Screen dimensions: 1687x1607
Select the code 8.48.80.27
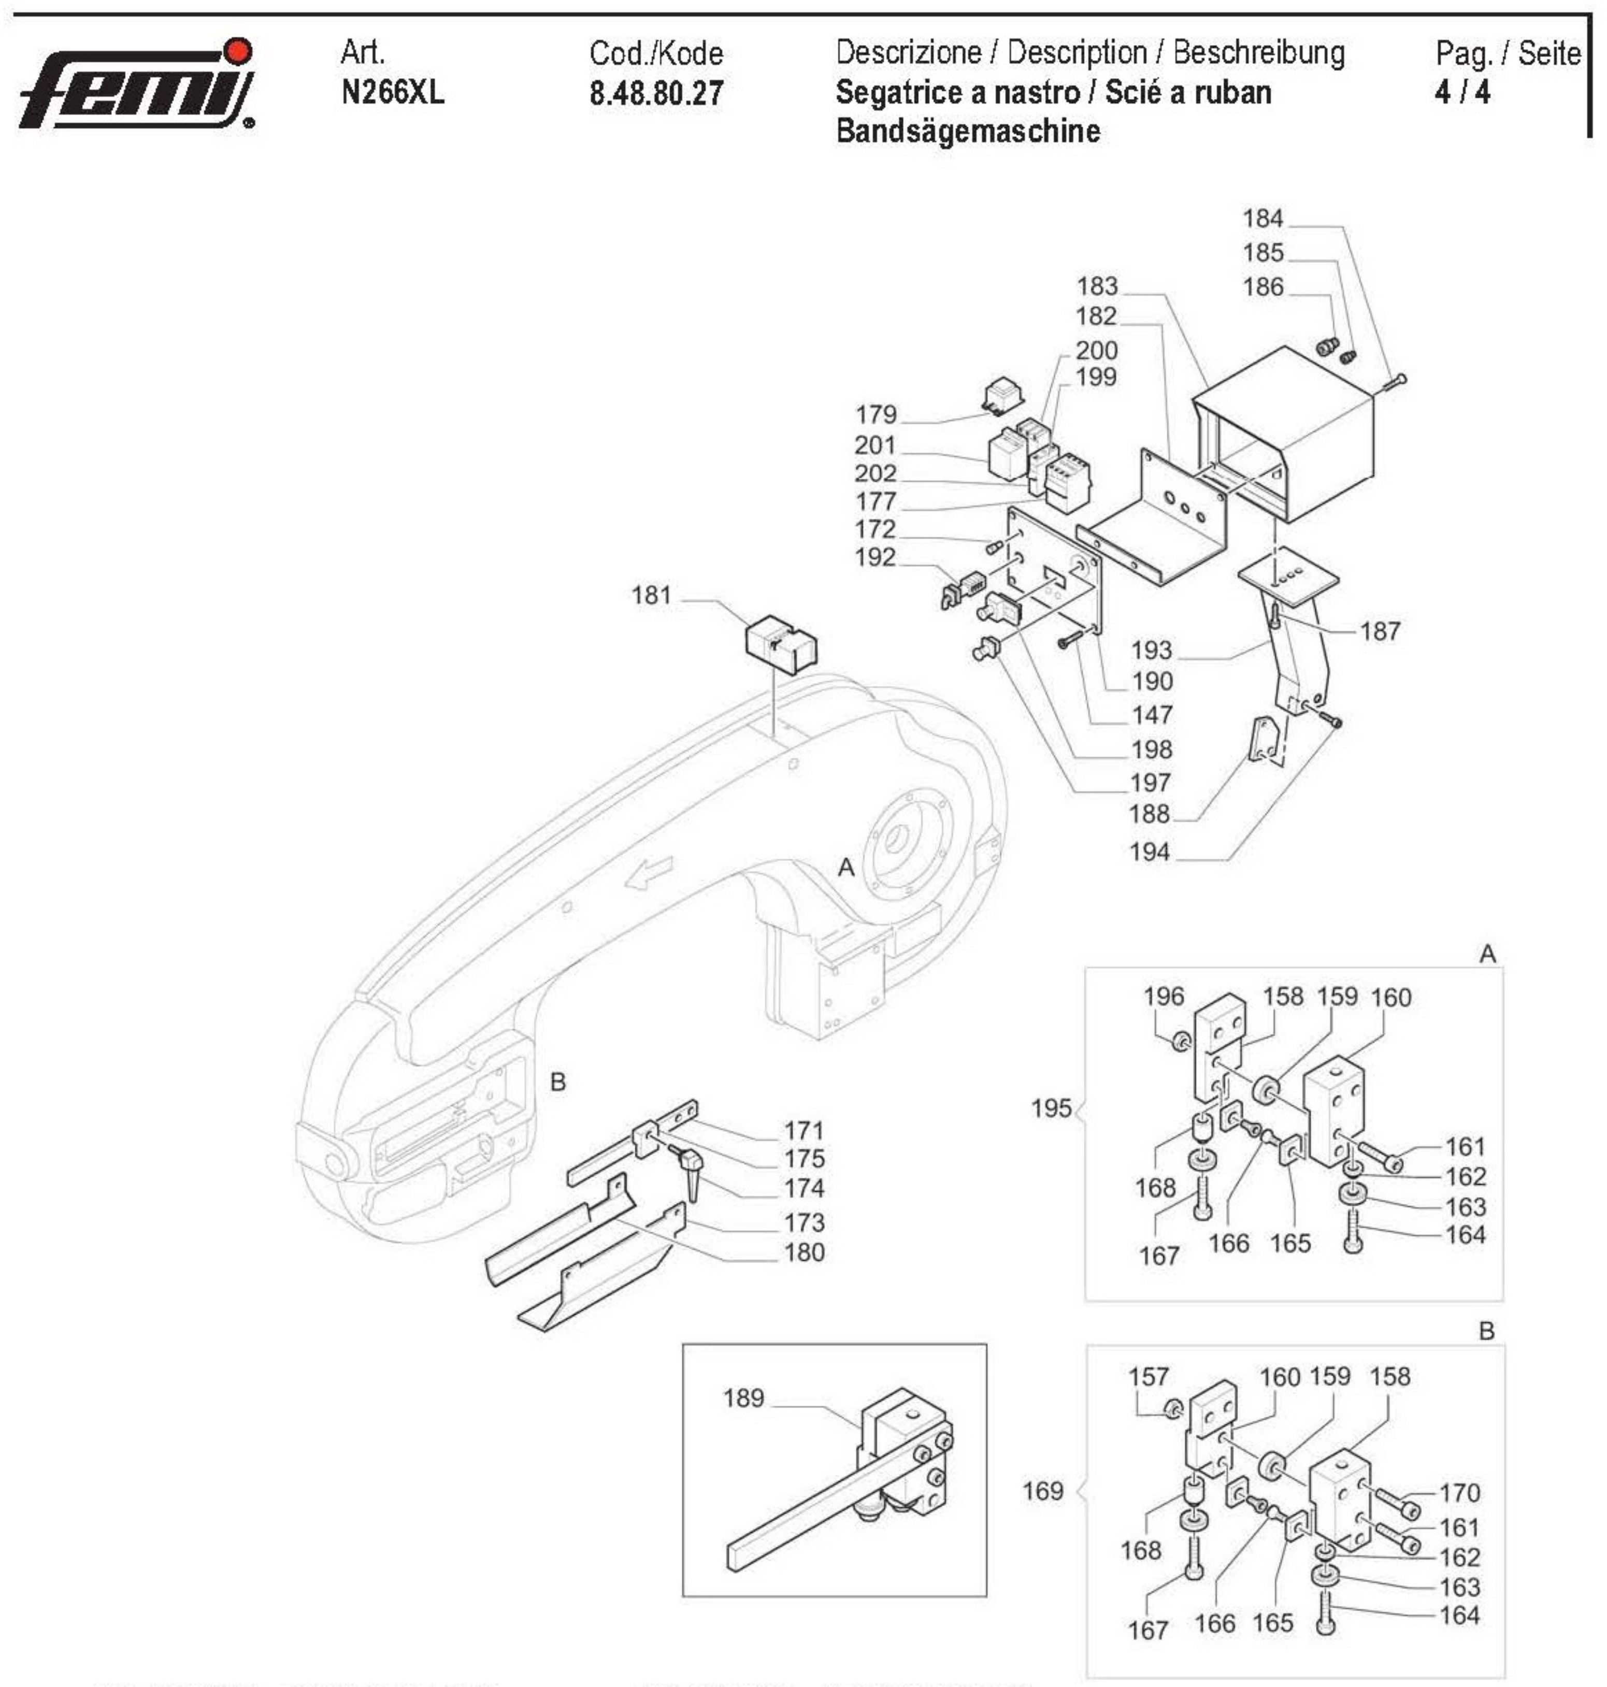(x=656, y=93)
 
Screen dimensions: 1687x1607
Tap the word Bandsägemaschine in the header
(x=967, y=131)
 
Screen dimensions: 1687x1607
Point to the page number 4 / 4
(x=1462, y=92)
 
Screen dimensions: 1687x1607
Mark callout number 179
(x=876, y=414)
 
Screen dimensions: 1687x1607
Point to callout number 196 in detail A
(x=1163, y=996)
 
